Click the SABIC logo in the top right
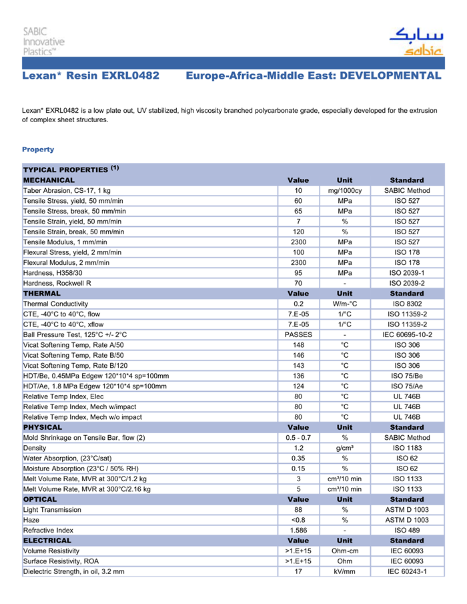coord(415,41)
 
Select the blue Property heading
coord(38,149)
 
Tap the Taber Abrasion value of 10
coord(298,191)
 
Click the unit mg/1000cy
coord(345,191)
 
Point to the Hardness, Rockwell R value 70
coord(298,283)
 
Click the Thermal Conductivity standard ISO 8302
coord(407,304)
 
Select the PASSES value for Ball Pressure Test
coord(298,334)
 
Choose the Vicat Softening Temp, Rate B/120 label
coord(75,365)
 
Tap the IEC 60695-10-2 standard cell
coord(407,334)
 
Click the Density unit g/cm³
coord(345,448)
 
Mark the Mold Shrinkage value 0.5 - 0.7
coord(298,438)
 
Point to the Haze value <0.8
coord(298,520)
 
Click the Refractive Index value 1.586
coord(298,530)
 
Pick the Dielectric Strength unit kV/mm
coord(345,571)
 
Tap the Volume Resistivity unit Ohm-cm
coord(345,551)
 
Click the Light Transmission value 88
coord(298,510)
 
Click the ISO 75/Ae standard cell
coord(407,386)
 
